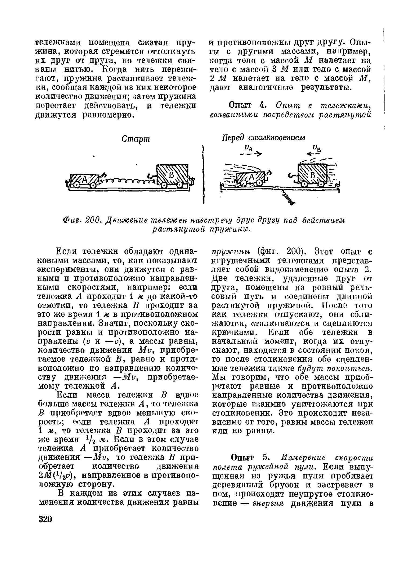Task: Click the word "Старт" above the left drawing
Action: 135,139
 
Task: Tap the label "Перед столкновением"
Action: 263,138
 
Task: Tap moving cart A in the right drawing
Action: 252,178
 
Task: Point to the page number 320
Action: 45,519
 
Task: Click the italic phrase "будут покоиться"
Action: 335,368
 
